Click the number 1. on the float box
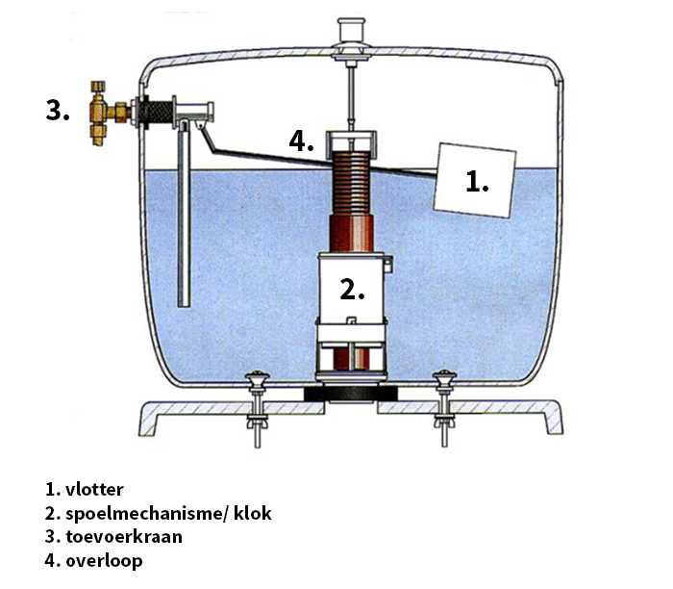(478, 180)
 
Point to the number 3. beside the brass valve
(58, 110)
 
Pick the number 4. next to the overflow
(302, 141)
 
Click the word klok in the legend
(254, 513)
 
